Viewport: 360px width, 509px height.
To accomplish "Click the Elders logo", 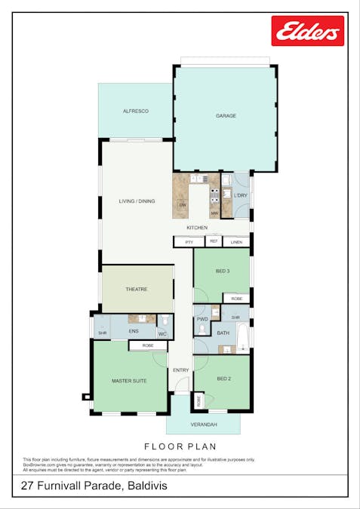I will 308,31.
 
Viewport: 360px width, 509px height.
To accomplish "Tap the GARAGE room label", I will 226,116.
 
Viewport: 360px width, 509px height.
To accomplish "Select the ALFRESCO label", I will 136,111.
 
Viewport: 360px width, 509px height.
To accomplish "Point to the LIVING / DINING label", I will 137,201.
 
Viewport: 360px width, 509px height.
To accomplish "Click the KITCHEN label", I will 198,227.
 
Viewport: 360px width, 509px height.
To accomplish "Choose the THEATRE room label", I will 137,289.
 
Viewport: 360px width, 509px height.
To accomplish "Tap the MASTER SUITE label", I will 129,381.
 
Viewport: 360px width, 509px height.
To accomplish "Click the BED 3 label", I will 223,271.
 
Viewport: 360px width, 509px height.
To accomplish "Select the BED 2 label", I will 223,379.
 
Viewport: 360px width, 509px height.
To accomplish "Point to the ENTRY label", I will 180,369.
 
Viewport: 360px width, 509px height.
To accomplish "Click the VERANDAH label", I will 204,425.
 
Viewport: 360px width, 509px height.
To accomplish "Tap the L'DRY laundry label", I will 240,196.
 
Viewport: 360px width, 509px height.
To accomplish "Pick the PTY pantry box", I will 189,242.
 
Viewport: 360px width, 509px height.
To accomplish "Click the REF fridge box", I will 213,241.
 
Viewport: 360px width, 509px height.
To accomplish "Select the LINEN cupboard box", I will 236,242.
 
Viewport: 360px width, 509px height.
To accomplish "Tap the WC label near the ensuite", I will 163,333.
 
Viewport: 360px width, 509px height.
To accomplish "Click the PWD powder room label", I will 202,319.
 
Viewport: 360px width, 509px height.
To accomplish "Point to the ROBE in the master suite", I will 148,345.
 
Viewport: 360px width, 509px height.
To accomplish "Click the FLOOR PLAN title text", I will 180,446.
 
